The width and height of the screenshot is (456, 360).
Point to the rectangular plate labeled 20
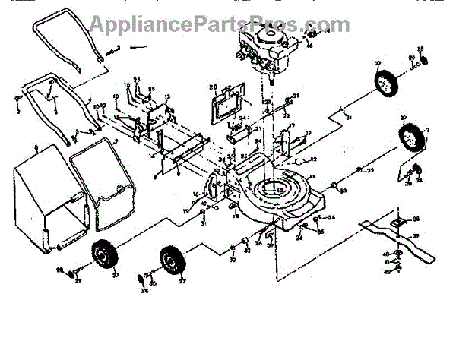coord(226,103)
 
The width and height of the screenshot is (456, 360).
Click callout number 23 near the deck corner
coord(344,189)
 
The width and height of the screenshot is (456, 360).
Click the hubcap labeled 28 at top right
coord(423,60)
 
